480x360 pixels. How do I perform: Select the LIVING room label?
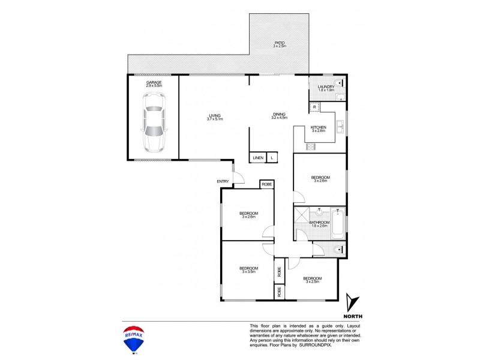214,115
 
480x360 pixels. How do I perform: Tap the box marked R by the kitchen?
314,107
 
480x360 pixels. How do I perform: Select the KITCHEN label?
318,127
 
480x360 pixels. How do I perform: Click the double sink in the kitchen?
340,126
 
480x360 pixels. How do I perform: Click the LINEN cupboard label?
258,157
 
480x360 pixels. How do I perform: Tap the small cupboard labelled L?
272,157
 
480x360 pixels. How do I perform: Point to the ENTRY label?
223,181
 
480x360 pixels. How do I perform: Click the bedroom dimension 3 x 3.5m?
248,272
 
